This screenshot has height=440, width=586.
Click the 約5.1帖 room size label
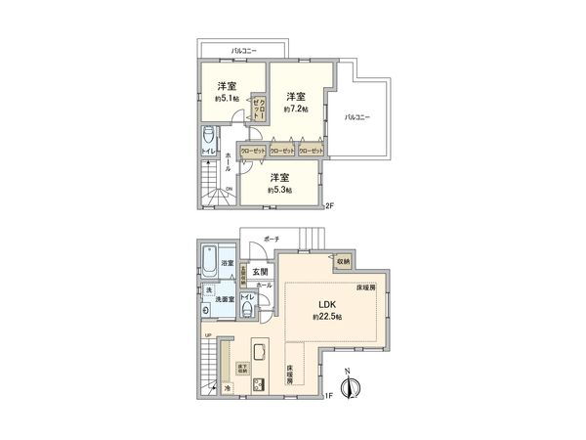pos(228,99)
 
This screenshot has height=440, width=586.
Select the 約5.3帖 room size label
pos(279,190)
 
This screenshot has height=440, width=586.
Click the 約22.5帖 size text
pos(326,316)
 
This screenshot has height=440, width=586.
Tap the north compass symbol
pos(353,386)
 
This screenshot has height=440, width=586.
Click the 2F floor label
pos(329,205)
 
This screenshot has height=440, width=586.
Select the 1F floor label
pos(329,396)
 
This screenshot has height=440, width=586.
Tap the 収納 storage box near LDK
pos(344,261)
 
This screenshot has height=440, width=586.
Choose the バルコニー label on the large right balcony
pos(356,117)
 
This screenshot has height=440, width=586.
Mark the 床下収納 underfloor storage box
pos(241,369)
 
